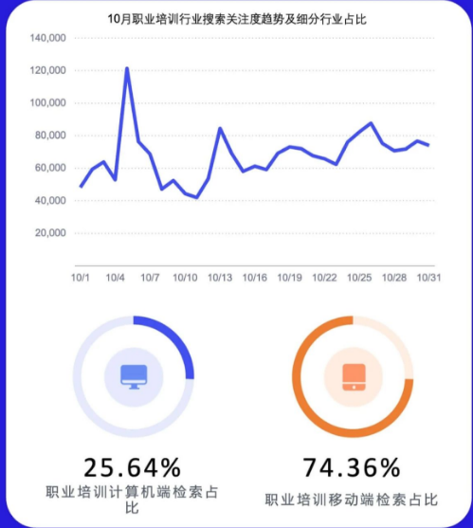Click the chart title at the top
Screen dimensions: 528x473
[237, 18]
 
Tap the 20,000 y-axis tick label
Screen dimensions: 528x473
[49, 233]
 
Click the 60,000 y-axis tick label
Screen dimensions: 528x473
[49, 168]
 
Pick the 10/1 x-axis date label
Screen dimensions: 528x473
[81, 278]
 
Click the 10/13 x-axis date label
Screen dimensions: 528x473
[220, 278]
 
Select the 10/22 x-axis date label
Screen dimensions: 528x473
[324, 278]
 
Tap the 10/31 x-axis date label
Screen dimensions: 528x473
[429, 278]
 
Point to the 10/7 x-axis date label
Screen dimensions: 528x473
[150, 278]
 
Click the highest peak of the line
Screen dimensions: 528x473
[127, 68]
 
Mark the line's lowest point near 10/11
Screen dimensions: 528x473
[197, 197]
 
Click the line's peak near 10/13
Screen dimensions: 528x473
[220, 128]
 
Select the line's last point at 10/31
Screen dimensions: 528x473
[428, 145]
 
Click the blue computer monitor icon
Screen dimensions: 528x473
[133, 376]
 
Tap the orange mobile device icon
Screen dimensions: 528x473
[352, 376]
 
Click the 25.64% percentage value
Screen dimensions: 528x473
[132, 467]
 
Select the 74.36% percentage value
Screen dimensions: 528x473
[351, 467]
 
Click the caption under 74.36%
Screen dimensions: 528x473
[351, 499]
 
